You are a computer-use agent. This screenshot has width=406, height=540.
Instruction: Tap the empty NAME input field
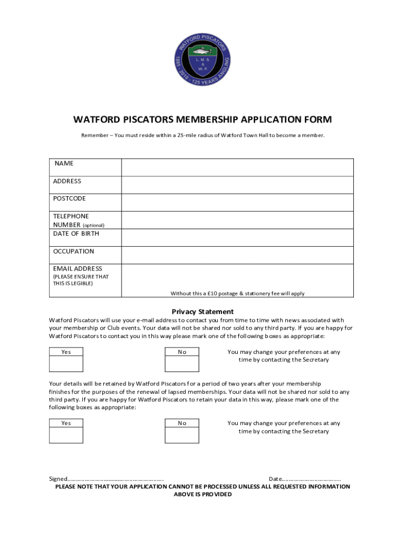(237, 167)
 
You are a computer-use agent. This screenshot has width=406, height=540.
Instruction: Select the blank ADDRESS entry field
(237, 185)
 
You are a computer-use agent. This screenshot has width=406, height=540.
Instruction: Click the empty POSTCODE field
(237, 202)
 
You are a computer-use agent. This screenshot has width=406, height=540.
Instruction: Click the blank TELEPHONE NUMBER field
(237, 220)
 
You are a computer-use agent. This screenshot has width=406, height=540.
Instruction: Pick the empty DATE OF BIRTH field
(237, 238)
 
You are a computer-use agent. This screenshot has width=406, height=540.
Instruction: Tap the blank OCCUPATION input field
(237, 255)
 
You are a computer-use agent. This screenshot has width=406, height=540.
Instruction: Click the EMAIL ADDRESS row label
(78, 269)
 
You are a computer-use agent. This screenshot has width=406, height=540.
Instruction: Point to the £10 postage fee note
(237, 293)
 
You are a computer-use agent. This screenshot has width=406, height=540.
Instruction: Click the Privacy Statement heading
(202, 312)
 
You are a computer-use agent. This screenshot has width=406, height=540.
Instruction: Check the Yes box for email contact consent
(66, 364)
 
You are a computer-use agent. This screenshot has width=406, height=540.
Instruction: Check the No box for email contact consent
(182, 364)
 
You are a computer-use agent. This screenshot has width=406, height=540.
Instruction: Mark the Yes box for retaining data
(66, 435)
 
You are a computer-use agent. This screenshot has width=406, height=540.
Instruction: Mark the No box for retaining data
(182, 435)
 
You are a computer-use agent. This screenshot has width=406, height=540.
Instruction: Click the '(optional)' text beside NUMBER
(93, 225)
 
